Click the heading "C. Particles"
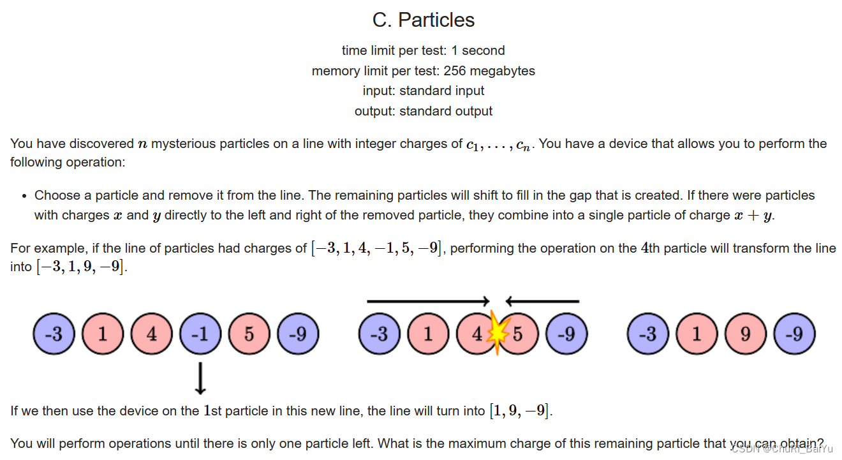424,20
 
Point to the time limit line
424,50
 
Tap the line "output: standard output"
424,111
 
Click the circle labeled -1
201,334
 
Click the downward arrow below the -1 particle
201,378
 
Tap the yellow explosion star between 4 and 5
497,334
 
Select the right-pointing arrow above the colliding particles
428,301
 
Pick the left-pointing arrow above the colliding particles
542,301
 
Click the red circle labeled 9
745,334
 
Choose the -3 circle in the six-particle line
54,334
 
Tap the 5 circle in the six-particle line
249,334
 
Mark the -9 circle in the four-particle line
794,334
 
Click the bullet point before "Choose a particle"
24,196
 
